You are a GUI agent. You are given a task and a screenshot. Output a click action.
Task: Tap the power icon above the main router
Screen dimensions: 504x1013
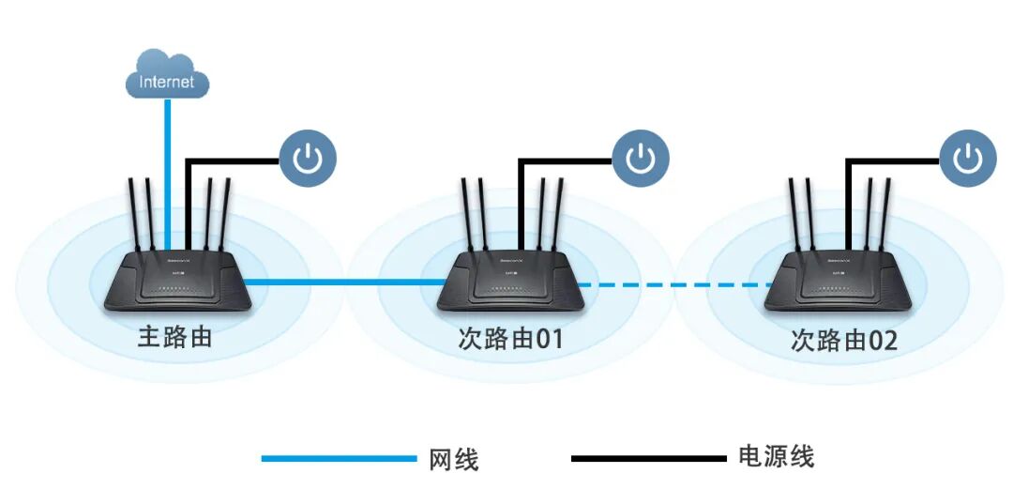(307, 160)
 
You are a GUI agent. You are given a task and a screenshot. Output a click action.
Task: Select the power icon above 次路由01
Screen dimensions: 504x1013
(641, 159)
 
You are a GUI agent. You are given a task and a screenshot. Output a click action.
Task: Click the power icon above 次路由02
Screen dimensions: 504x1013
(968, 159)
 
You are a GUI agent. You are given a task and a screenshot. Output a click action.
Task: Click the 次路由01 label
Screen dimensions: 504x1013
(510, 338)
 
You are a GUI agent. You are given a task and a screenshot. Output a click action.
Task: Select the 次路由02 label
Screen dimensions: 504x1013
(843, 340)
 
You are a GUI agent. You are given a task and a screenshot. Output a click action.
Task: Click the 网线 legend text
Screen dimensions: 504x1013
(454, 460)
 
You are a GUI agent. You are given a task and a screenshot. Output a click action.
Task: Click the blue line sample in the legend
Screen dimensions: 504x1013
(338, 459)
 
